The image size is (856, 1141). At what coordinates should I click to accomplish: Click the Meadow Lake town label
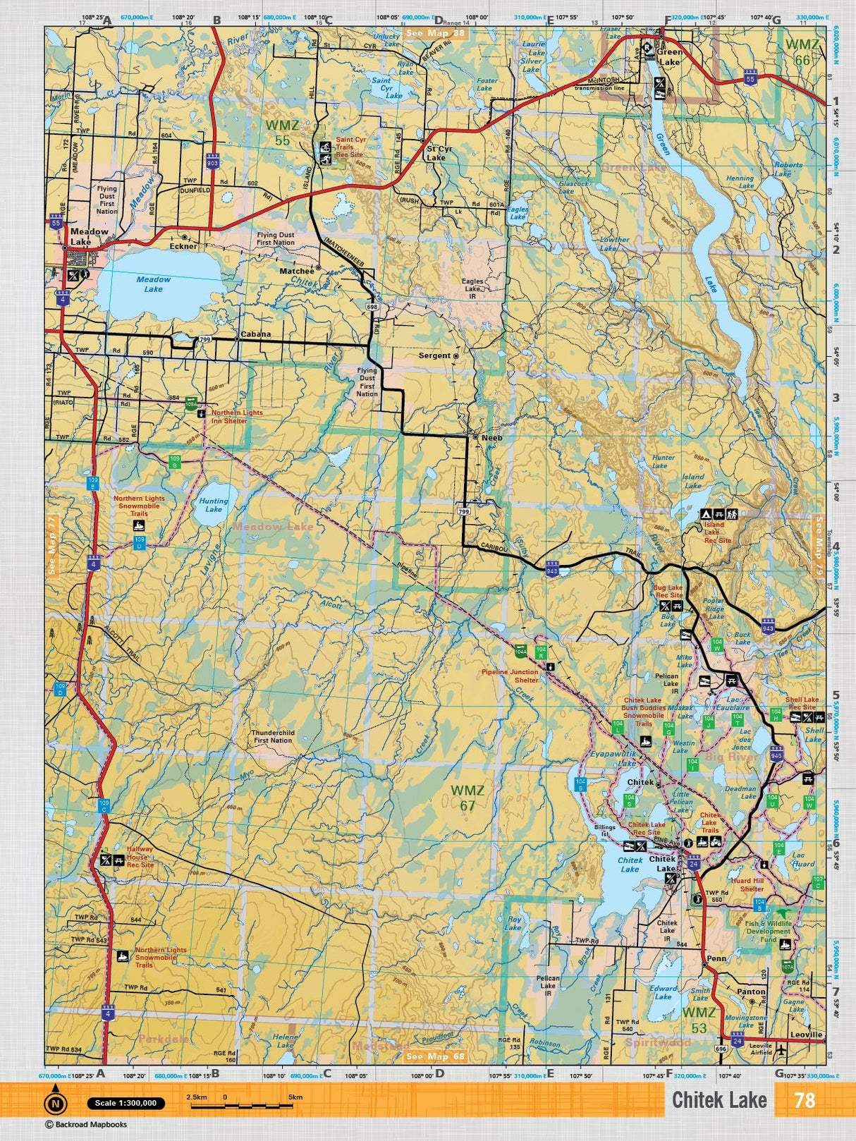(x=89, y=236)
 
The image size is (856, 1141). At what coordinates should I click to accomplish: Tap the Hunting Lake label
(x=213, y=505)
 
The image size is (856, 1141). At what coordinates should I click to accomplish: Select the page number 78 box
(x=804, y=1100)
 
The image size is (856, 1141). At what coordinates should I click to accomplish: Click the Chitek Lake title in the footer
(x=719, y=1100)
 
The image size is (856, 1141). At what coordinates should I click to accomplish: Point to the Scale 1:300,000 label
(x=126, y=1103)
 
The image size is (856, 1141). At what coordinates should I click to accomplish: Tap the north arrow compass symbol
(x=55, y=1102)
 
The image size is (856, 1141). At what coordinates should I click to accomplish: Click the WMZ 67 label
(x=467, y=798)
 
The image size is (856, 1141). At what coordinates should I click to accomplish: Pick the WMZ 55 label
(x=282, y=133)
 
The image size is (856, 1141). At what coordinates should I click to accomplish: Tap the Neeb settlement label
(x=491, y=438)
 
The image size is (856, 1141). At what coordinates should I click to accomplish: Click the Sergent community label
(x=434, y=355)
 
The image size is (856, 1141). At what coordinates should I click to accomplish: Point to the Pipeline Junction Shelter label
(x=510, y=676)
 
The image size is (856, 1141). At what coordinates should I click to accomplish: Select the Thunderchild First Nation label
(x=273, y=736)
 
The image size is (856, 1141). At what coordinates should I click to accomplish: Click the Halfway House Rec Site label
(x=140, y=858)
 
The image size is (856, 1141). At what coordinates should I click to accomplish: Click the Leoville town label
(x=806, y=1035)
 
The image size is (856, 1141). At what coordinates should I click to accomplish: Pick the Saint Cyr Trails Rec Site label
(x=350, y=147)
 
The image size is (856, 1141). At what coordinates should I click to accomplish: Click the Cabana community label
(x=255, y=334)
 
